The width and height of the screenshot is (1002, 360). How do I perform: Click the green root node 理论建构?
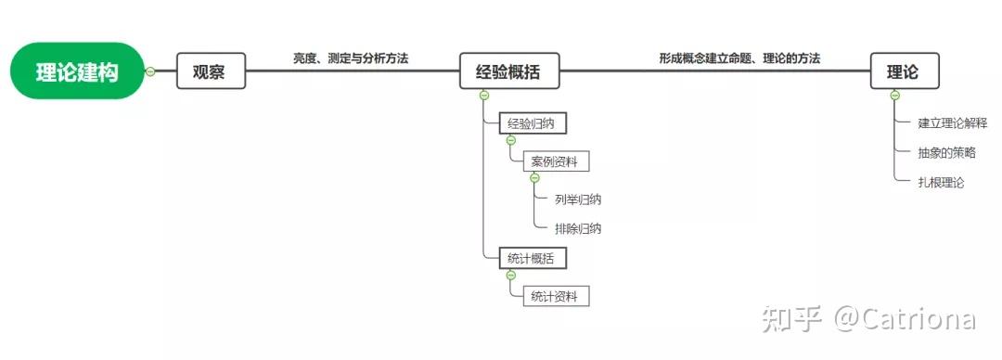(77, 71)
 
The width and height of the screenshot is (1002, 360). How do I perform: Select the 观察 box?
(211, 71)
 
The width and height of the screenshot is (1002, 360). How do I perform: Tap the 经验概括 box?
(509, 71)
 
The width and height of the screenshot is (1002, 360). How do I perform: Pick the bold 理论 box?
(905, 71)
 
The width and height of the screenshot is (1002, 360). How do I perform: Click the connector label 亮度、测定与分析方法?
(351, 58)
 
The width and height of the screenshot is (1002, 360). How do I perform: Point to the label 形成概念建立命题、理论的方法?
(740, 58)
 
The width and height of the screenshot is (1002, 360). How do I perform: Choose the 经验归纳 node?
(533, 124)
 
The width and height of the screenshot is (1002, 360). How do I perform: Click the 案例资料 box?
(556, 161)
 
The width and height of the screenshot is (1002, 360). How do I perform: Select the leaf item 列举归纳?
(578, 199)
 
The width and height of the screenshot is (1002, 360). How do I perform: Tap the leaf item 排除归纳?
(578, 228)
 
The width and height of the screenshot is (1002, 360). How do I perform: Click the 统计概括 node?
(533, 259)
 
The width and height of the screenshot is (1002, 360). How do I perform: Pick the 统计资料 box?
(556, 297)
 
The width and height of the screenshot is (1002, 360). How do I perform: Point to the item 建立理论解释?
(953, 123)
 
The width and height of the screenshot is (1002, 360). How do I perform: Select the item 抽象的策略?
(947, 153)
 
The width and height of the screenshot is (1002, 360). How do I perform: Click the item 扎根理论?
(941, 182)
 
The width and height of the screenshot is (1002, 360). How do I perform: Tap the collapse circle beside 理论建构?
(151, 71)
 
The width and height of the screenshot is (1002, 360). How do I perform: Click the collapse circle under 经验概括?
(483, 96)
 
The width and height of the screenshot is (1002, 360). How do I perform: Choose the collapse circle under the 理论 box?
(894, 96)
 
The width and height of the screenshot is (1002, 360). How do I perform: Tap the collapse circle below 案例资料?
(535, 178)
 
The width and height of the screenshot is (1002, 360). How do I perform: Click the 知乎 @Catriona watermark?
(868, 319)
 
